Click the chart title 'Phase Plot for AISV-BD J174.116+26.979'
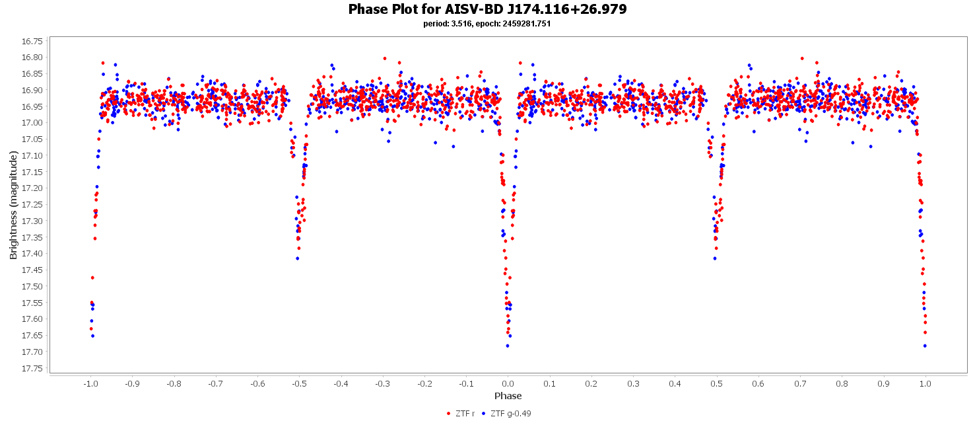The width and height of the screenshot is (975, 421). tap(487, 9)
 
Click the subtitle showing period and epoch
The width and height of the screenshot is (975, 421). tap(487, 24)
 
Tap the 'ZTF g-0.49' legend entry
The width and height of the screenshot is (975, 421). tap(510, 414)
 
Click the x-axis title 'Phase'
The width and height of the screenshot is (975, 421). tap(508, 396)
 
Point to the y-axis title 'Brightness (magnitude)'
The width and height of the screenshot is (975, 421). tap(13, 205)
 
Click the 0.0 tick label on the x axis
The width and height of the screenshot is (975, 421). tap(508, 383)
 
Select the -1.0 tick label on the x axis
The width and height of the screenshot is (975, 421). tap(90, 383)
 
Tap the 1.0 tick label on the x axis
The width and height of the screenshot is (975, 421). tap(925, 383)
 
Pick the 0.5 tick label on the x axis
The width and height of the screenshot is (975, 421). tap(716, 383)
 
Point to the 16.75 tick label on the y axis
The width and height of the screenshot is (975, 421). tap(32, 41)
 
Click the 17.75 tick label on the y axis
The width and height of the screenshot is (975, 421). tap(32, 368)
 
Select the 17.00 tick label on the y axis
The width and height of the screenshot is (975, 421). tap(32, 123)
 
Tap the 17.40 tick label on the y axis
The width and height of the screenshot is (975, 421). tap(32, 254)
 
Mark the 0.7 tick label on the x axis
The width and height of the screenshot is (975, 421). tap(799, 383)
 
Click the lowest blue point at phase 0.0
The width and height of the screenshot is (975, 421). tap(507, 346)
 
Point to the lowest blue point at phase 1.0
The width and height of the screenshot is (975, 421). tap(925, 346)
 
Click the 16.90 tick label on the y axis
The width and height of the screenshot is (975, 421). tap(32, 90)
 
